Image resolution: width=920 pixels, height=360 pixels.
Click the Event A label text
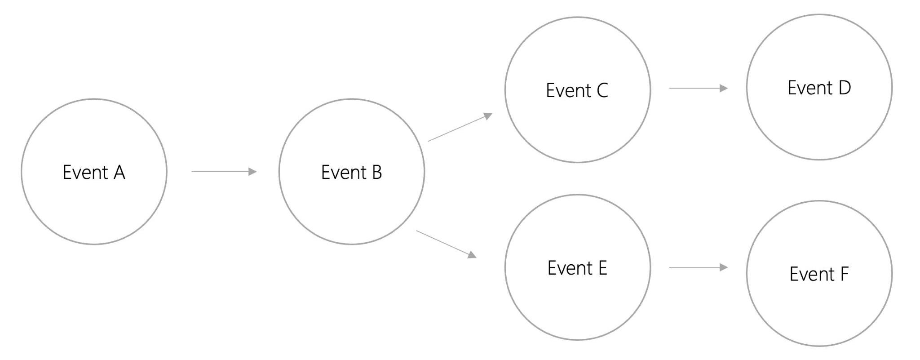point(93,173)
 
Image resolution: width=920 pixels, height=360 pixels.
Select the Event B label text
point(351,173)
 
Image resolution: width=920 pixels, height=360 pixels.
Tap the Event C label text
point(577,91)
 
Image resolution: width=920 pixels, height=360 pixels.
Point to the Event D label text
point(819,88)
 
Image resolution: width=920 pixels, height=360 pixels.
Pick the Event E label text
point(577,268)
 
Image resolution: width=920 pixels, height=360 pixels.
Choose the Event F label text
point(819,274)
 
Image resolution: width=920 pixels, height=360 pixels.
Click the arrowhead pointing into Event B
point(252,172)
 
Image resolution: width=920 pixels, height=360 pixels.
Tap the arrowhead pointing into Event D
point(723,89)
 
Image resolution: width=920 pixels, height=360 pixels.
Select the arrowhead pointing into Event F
point(723,267)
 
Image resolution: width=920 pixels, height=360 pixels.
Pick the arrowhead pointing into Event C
point(488,116)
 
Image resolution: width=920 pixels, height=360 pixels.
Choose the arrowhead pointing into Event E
point(472,255)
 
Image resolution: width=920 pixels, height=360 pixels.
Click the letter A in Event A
point(119,173)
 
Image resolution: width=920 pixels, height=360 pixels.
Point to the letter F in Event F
point(844,274)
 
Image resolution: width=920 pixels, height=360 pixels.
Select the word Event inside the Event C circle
point(568,91)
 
